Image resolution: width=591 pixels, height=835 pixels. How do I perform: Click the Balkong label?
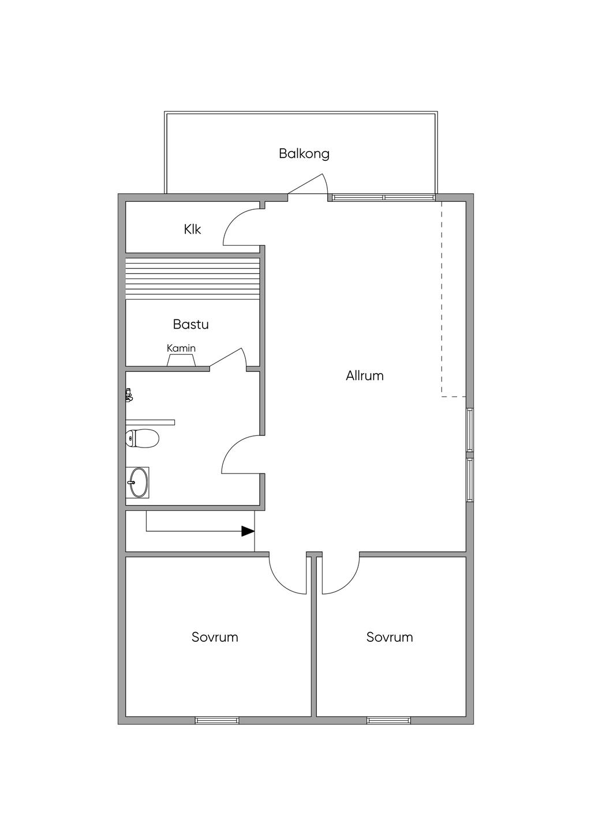304,153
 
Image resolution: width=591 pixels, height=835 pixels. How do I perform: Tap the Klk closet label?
193,230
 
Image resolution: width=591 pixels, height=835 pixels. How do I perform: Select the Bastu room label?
190,324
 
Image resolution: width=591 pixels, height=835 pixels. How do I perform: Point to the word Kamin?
181,348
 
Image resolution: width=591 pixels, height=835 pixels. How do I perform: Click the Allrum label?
365,375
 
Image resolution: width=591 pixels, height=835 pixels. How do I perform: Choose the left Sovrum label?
215,637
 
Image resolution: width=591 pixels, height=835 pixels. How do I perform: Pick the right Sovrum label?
390,637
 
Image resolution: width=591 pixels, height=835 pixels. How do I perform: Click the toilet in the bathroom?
142,438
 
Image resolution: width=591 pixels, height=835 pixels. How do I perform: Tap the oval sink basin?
138,482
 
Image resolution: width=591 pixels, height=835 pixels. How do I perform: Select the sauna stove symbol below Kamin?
181,360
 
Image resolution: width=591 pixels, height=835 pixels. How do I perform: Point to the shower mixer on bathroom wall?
129,395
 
